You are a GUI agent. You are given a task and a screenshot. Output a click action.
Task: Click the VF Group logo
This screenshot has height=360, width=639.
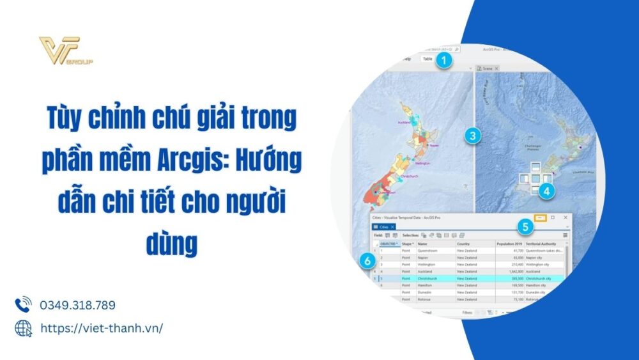click(x=65, y=52)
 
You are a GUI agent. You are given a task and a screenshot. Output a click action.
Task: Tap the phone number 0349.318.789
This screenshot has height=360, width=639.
click(x=77, y=305)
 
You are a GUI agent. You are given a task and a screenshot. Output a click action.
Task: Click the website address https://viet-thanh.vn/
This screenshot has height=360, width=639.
click(x=101, y=328)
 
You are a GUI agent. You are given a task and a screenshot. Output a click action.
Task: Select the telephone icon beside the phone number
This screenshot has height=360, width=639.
click(x=23, y=304)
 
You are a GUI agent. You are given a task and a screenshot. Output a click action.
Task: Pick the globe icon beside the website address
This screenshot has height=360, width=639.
click(x=23, y=328)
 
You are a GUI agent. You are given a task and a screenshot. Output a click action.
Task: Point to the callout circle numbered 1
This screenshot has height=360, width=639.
click(x=445, y=61)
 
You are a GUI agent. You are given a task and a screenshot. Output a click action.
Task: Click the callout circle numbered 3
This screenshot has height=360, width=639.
click(x=472, y=136)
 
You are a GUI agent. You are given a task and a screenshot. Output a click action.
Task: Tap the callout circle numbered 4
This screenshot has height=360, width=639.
click(x=546, y=190)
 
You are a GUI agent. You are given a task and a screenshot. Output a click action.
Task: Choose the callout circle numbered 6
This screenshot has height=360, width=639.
click(x=366, y=261)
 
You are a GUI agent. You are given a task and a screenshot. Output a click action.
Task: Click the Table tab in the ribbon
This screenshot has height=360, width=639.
click(x=427, y=59)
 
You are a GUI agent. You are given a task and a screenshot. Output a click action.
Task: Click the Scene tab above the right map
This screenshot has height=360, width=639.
click(x=488, y=68)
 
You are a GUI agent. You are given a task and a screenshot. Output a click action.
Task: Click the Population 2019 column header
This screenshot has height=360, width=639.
click(x=509, y=244)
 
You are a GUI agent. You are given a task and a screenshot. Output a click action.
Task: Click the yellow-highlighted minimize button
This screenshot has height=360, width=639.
click(x=540, y=218)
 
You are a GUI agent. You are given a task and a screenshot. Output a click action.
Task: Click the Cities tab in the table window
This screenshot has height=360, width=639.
click(x=383, y=227)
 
